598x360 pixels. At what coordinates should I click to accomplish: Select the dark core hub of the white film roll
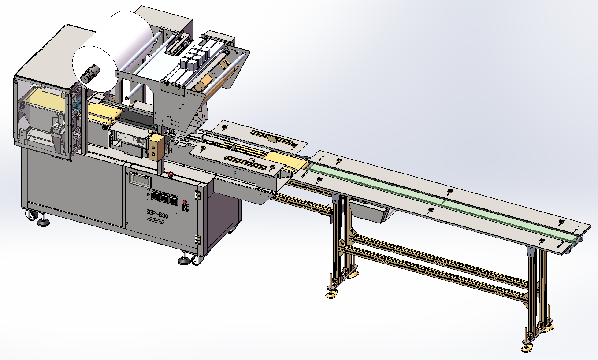[x=90, y=73]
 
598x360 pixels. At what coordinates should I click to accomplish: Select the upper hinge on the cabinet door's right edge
[x=197, y=194]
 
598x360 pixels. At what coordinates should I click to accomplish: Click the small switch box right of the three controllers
[x=185, y=206]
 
